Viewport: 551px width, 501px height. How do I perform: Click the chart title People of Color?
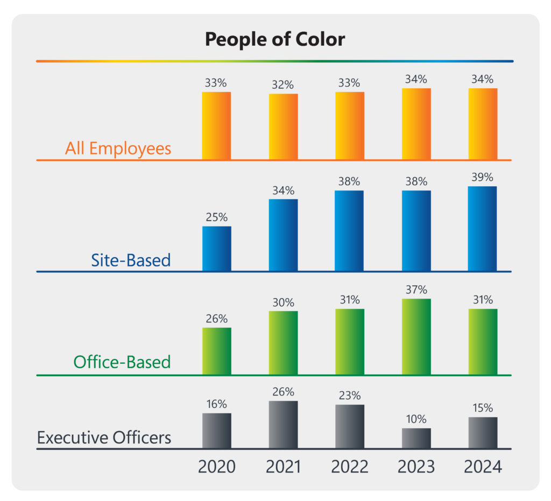(275, 39)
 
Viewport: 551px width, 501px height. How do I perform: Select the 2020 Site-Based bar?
(217, 249)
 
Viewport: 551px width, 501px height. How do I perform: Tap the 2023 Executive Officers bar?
(416, 438)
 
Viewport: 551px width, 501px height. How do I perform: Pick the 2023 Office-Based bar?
(416, 337)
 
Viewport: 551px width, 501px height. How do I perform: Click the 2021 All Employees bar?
(284, 127)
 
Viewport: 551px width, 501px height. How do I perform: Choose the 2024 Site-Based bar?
(482, 229)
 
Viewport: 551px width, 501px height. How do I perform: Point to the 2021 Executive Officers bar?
(284, 425)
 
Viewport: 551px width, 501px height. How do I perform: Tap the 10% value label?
(416, 419)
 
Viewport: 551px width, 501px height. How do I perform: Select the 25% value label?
(217, 217)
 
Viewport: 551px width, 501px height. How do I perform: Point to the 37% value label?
(416, 290)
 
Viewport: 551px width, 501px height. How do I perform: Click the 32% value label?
(283, 84)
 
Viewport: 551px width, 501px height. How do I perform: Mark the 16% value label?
(217, 404)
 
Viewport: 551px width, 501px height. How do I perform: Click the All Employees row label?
(118, 148)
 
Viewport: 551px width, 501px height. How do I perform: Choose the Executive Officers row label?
(104, 438)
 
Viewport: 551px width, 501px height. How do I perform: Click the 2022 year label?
(350, 467)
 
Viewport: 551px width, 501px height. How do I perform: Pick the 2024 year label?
(483, 467)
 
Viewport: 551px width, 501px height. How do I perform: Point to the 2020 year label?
(217, 467)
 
